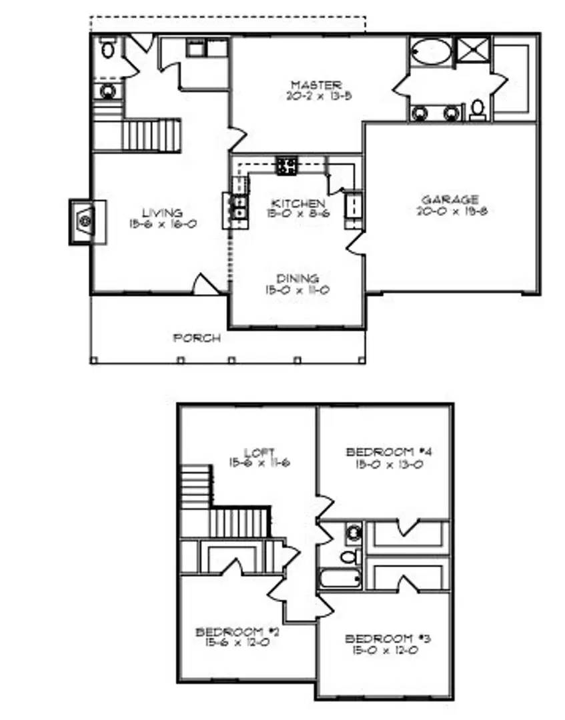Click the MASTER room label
point(316,85)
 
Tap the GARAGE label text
point(450,199)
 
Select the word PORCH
point(197,338)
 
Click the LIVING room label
point(163,213)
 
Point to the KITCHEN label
point(298,203)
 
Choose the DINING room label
point(298,278)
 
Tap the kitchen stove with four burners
point(288,165)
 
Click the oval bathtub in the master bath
point(429,51)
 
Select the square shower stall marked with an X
point(472,51)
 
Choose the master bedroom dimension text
point(316,96)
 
